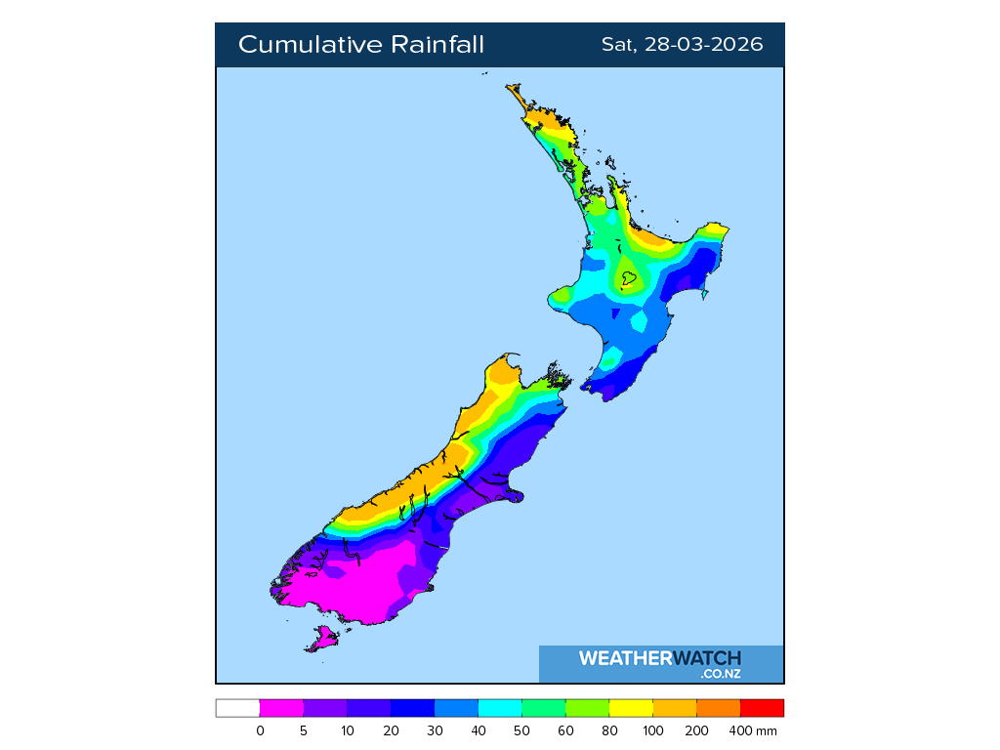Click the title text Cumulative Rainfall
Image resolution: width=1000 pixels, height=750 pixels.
(360, 45)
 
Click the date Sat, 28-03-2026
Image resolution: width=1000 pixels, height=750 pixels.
(682, 45)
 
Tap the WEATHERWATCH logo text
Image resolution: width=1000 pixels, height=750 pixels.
(660, 658)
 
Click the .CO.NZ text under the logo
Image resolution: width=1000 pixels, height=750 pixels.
(721, 674)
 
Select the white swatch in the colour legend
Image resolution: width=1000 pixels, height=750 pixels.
(237, 708)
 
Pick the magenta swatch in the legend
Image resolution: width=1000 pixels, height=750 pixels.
(281, 708)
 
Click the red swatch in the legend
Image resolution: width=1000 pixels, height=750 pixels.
(762, 708)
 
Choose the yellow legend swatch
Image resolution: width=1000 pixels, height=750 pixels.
(631, 708)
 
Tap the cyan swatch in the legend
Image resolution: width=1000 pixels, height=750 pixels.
(500, 708)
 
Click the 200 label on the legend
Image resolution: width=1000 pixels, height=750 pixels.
(697, 730)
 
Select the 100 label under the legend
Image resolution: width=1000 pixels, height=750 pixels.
(653, 730)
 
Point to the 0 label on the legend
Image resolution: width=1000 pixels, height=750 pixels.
(260, 730)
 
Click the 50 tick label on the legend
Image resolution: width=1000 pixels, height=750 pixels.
(522, 730)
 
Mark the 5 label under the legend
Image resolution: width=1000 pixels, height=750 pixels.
(304, 730)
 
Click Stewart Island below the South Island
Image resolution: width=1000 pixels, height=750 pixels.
(323, 640)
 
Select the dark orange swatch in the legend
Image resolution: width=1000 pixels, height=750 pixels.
(719, 708)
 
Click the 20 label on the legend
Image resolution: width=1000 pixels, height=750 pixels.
(391, 730)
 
